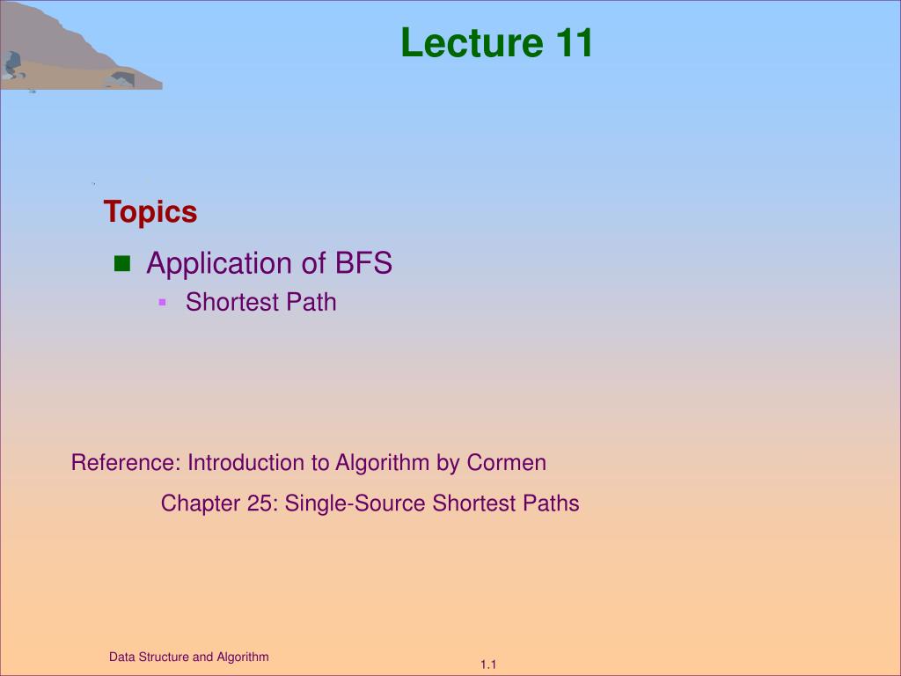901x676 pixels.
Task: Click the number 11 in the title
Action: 574,43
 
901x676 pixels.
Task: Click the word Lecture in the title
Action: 472,43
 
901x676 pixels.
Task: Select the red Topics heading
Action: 150,212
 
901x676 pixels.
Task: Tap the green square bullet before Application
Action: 121,263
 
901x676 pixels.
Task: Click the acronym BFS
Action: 363,263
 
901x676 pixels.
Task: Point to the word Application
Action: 219,264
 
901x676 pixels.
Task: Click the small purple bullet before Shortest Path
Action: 162,302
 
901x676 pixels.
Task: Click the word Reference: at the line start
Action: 126,462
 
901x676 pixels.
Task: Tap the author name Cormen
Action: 507,462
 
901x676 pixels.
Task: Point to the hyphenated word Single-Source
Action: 355,503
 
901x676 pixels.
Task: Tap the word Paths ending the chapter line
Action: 551,503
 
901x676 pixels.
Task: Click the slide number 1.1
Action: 489,665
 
